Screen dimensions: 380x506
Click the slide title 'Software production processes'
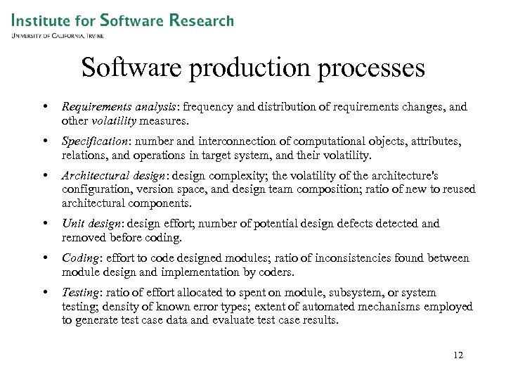pyautogui.click(x=253, y=68)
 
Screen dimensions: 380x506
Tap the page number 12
pyautogui.click(x=458, y=355)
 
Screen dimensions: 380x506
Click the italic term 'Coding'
pyautogui.click(x=79, y=258)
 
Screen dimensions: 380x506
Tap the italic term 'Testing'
pyautogui.click(x=82, y=292)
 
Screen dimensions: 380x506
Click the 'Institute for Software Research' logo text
pyautogui.click(x=122, y=20)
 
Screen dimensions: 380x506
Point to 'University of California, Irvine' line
pyautogui.click(x=58, y=35)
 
